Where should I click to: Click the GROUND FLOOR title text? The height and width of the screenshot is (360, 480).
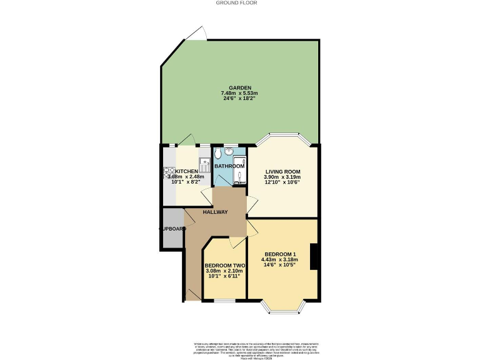click(x=236, y=2)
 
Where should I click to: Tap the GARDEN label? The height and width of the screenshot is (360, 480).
click(x=240, y=87)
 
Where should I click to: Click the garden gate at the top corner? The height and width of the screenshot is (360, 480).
click(x=198, y=33)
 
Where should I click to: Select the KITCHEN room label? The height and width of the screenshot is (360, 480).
click(x=186, y=171)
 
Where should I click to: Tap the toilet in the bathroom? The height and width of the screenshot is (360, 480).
click(x=217, y=154)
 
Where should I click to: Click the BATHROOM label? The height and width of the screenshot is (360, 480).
click(x=229, y=166)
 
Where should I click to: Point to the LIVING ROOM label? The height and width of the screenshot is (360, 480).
click(x=283, y=171)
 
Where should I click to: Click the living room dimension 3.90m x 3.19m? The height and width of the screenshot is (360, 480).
click(x=283, y=177)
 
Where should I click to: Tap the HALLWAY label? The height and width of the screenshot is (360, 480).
click(x=214, y=212)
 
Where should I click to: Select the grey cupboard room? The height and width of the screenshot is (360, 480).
click(x=171, y=229)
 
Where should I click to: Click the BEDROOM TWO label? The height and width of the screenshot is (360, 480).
click(x=224, y=266)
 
